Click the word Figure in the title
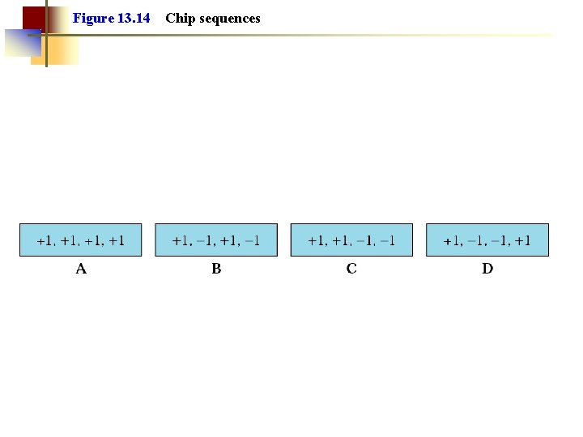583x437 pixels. coord(93,18)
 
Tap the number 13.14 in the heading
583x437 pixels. coord(134,18)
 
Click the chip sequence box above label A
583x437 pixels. coord(81,240)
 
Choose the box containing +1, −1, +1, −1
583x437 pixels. coord(216,240)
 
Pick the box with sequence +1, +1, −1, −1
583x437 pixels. coord(351,240)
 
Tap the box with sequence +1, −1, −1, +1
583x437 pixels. coord(487,240)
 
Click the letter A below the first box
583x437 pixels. coord(81,269)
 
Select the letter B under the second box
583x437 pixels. coord(216,269)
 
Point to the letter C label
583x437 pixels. coord(351,269)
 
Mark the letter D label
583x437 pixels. coord(487,269)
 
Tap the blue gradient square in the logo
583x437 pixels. coord(22,42)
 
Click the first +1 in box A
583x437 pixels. coord(45,240)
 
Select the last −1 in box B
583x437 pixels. coord(252,240)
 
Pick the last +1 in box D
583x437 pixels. coord(522,240)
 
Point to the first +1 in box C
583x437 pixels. coord(316,240)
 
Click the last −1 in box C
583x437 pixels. coord(387,240)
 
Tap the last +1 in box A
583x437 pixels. coord(117,240)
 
